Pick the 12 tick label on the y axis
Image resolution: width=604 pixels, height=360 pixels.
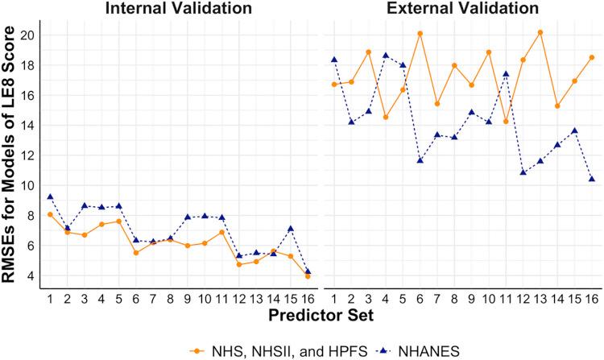tap(28, 155)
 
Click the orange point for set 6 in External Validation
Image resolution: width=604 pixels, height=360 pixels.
tap(420, 33)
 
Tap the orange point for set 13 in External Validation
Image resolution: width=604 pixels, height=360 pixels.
tap(540, 32)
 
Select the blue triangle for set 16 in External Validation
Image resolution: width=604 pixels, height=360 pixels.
tap(591, 179)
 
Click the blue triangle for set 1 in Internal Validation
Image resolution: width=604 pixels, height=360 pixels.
tap(50, 197)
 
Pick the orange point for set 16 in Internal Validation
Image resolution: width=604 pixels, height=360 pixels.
tap(308, 276)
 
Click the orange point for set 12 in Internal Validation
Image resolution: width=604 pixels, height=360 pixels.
tap(239, 264)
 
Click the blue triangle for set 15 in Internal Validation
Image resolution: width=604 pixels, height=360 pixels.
tap(291, 229)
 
